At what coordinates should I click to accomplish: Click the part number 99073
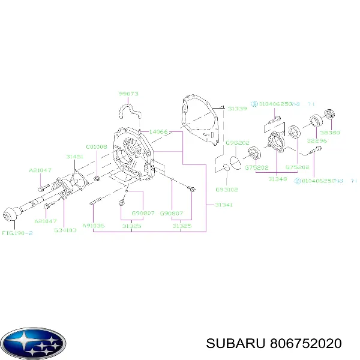128,94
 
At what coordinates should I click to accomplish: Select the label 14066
158,131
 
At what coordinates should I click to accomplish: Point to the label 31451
74,156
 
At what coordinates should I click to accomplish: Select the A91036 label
94,226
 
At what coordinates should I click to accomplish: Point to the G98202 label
236,143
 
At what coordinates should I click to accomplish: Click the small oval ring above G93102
228,167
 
